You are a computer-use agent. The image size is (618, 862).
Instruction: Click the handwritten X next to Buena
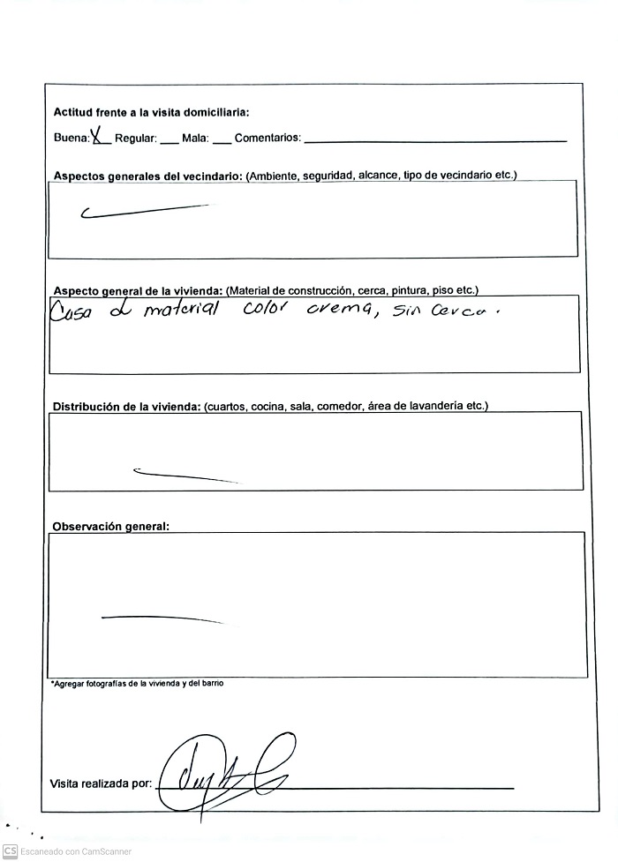coord(99,136)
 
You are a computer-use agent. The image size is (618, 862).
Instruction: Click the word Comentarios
coord(268,139)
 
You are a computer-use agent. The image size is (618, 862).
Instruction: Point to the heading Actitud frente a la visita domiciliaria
coord(151,112)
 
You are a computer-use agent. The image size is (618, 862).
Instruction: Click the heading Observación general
coord(110,527)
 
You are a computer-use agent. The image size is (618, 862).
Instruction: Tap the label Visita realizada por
coord(101,783)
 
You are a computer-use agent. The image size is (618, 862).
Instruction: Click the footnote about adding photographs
coord(137,683)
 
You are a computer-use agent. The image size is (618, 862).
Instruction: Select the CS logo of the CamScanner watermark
coord(11,851)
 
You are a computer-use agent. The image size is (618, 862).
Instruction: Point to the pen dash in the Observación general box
coord(163,618)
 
